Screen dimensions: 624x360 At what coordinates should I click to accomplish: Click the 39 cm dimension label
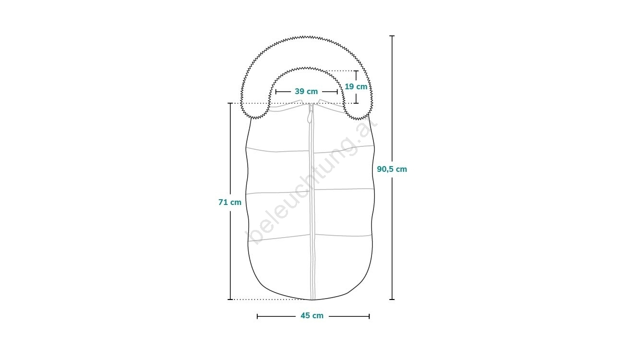click(306, 91)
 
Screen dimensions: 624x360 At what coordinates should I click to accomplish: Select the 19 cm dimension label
click(356, 87)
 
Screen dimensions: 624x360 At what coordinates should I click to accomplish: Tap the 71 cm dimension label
click(230, 202)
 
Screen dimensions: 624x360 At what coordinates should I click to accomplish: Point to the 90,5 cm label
click(392, 169)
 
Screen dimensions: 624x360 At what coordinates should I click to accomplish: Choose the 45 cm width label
click(312, 316)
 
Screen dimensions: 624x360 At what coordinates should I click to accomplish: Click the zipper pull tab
click(310, 114)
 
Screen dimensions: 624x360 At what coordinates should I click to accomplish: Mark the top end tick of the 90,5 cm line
click(392, 36)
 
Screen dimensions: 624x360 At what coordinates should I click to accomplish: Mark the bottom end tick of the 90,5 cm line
click(392, 300)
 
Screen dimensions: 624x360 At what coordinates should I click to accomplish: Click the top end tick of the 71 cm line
click(230, 103)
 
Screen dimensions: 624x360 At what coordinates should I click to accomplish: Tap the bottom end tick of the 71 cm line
click(230, 300)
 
